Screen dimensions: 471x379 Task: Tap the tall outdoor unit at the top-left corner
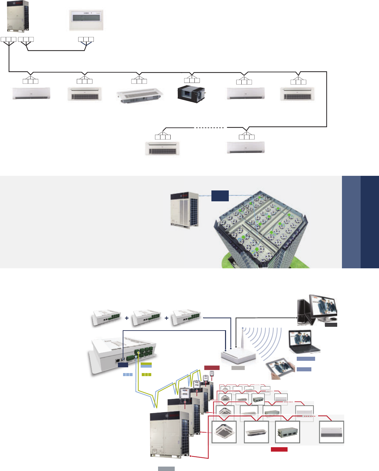(x=18, y=16)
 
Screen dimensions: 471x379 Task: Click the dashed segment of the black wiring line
(x=209, y=128)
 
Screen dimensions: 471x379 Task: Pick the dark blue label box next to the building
(x=220, y=196)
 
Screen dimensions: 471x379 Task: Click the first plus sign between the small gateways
(x=127, y=318)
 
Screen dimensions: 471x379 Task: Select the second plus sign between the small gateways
(x=167, y=318)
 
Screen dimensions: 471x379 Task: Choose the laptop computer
(x=304, y=342)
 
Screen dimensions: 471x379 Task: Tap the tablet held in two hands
(x=281, y=369)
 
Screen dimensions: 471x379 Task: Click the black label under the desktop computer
(x=331, y=325)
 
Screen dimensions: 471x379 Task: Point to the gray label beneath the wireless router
(x=238, y=368)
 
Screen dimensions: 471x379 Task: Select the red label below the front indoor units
(x=279, y=449)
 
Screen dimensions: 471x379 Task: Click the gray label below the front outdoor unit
(x=166, y=469)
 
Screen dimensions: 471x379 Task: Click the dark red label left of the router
(x=212, y=368)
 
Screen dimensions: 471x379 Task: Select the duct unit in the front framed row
(x=288, y=432)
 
